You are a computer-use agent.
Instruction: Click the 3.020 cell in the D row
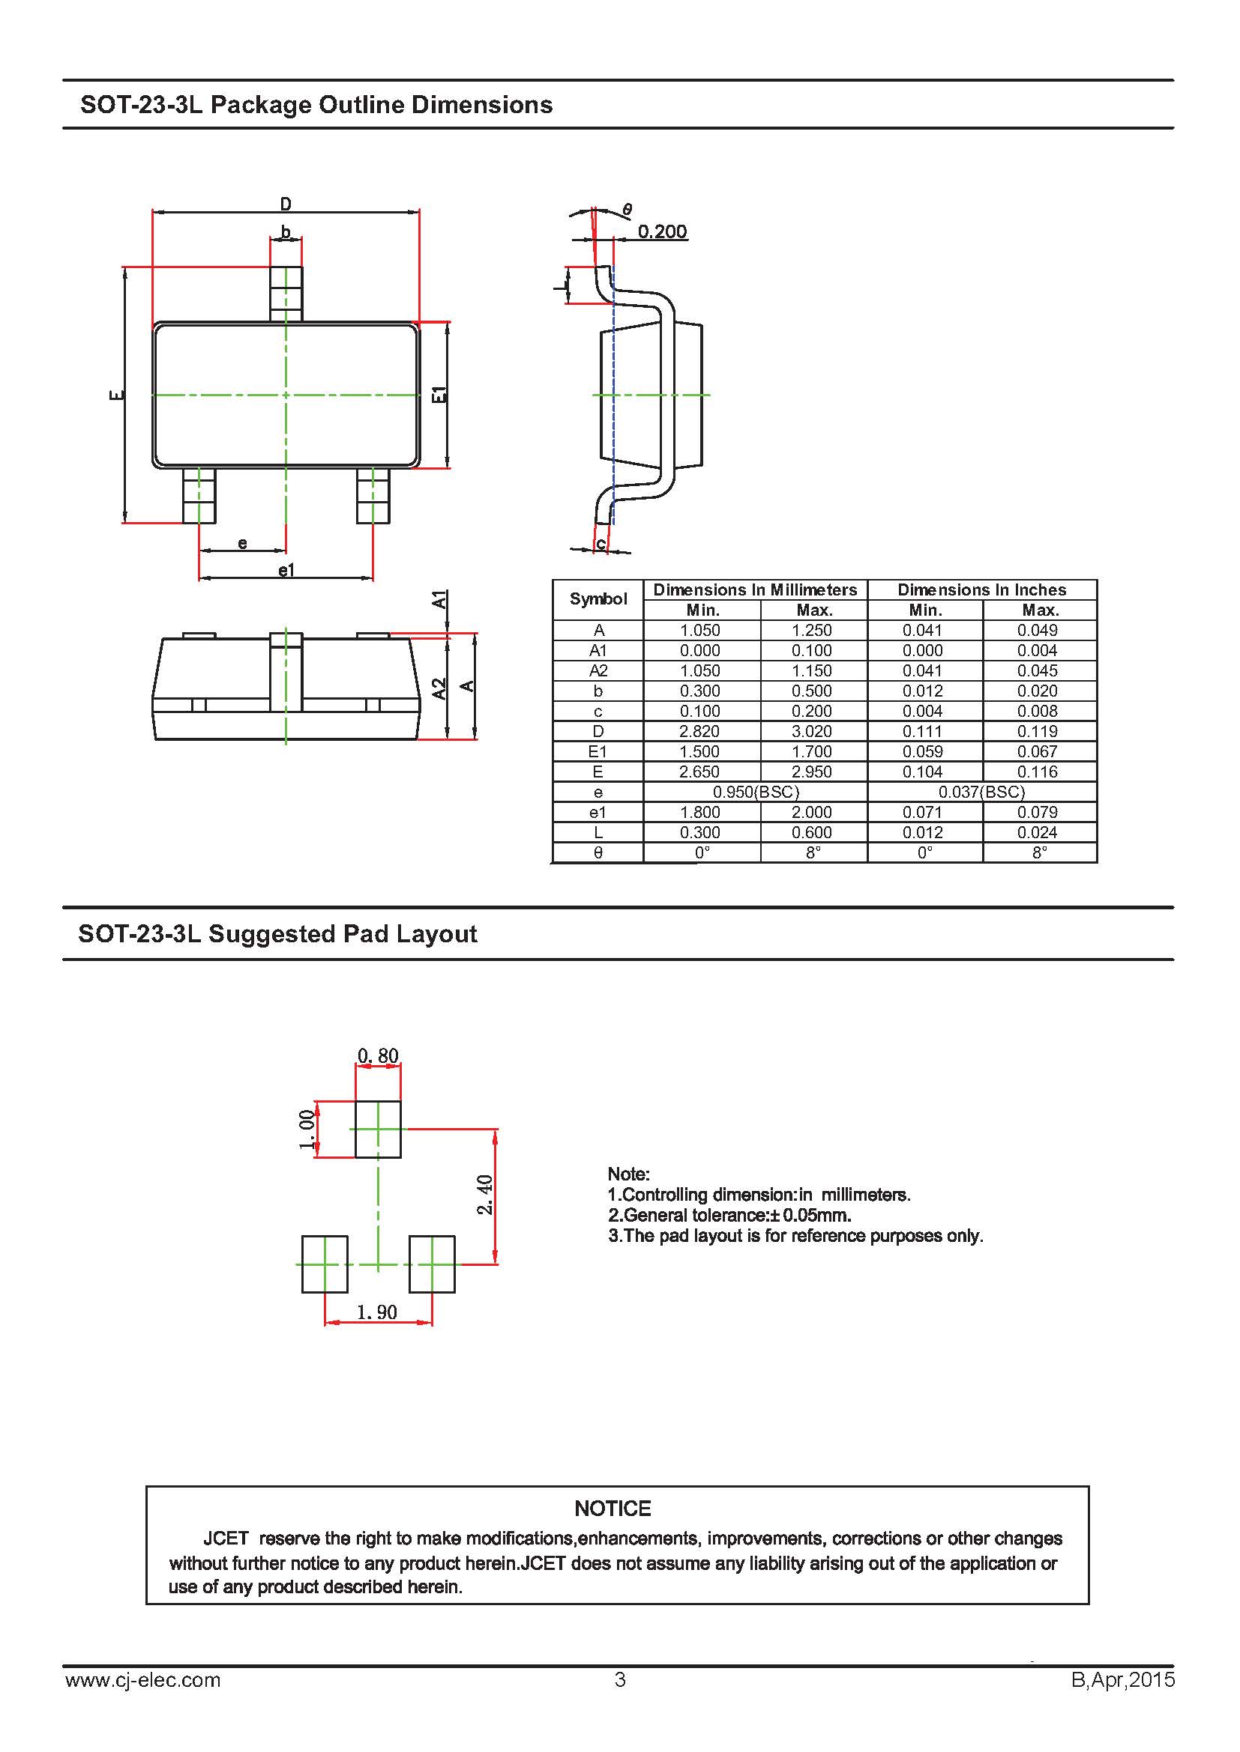[x=812, y=731]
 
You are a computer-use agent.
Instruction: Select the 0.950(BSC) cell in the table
[x=755, y=792]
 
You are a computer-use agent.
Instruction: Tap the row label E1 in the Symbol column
[x=598, y=751]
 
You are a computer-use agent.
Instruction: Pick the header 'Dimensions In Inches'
[x=981, y=589]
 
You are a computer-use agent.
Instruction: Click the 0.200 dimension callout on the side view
[x=662, y=231]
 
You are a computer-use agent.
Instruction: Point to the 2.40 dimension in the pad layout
[x=485, y=1195]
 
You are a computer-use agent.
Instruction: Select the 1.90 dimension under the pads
[x=377, y=1312]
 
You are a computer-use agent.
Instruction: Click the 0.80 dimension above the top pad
[x=378, y=1056]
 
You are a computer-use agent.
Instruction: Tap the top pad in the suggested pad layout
[x=378, y=1129]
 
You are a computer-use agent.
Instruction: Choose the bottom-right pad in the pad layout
[x=432, y=1264]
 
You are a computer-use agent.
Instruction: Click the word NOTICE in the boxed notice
[x=613, y=1509]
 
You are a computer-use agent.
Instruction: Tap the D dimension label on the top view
[x=286, y=204]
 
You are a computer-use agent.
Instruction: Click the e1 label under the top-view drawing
[x=286, y=570]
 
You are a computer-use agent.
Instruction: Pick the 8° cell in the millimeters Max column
[x=813, y=852]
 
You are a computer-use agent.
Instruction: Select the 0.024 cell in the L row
[x=1037, y=832]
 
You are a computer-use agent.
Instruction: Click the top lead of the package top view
[x=286, y=294]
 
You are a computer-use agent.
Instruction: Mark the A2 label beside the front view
[x=439, y=688]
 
